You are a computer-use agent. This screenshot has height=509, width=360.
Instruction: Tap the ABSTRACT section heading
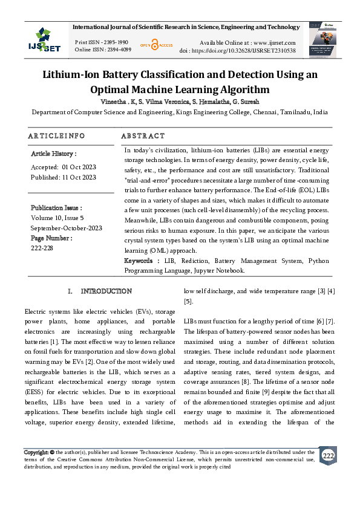click(x=143, y=136)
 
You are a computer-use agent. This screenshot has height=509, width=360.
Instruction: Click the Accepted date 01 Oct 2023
click(x=79, y=167)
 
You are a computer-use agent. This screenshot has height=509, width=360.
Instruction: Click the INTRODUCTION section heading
click(x=106, y=291)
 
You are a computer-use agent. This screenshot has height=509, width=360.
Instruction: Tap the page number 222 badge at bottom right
click(x=328, y=455)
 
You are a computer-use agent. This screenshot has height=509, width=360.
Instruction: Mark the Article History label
click(x=53, y=154)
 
